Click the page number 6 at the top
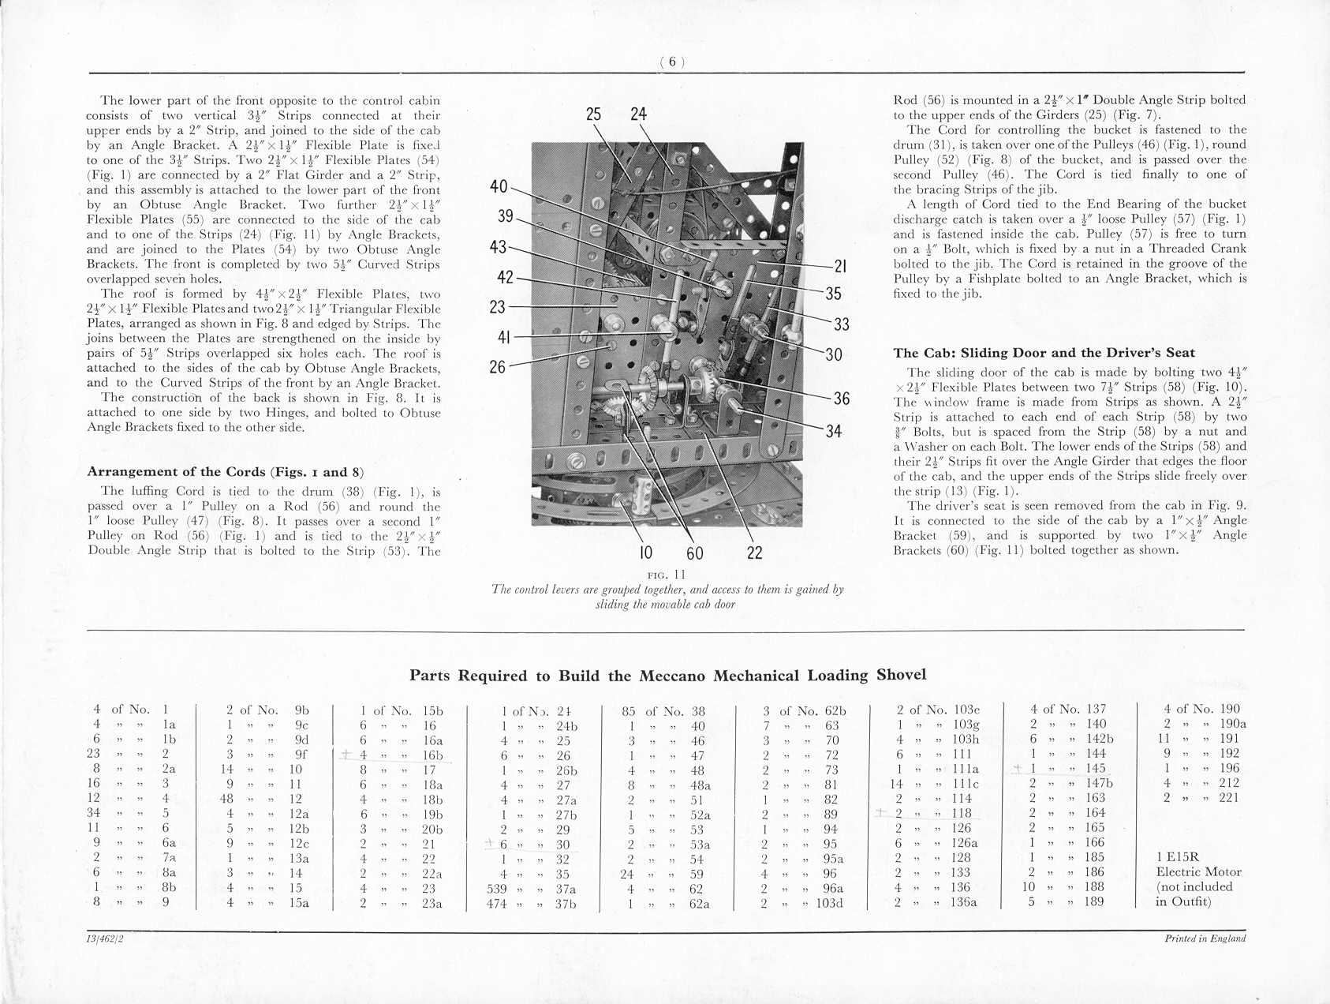pyautogui.click(x=672, y=62)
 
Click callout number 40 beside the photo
pyautogui.click(x=499, y=187)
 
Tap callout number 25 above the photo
pyautogui.click(x=594, y=114)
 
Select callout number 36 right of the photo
pyautogui.click(x=842, y=399)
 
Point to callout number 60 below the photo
pyautogui.click(x=695, y=553)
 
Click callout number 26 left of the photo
pyautogui.click(x=497, y=367)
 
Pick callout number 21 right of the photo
pyautogui.click(x=840, y=267)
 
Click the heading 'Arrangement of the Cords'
pyautogui.click(x=225, y=472)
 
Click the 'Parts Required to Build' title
pyautogui.click(x=667, y=676)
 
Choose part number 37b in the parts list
pyautogui.click(x=566, y=904)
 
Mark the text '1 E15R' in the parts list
pyautogui.click(x=1178, y=857)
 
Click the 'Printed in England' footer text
pyautogui.click(x=1205, y=938)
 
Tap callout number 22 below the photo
pyautogui.click(x=754, y=553)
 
